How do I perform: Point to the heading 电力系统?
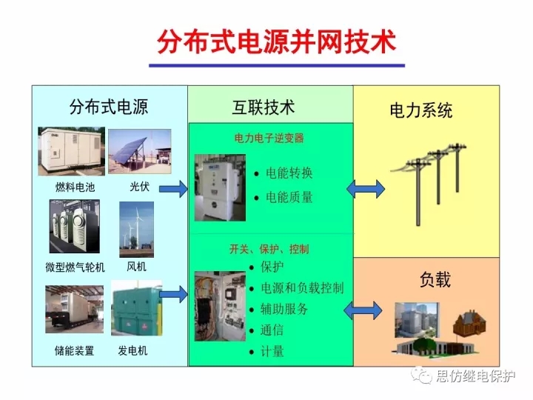click(x=420, y=111)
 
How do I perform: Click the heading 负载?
click(x=435, y=279)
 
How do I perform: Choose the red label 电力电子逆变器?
click(x=269, y=138)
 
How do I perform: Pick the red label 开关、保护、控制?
click(x=269, y=249)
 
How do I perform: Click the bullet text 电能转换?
click(x=289, y=173)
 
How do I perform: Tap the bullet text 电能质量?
click(x=289, y=197)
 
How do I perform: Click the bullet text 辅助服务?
click(x=284, y=309)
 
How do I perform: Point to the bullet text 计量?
click(x=272, y=351)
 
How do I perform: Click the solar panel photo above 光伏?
click(x=140, y=151)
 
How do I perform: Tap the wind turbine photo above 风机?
click(x=136, y=229)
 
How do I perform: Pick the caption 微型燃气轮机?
click(x=75, y=267)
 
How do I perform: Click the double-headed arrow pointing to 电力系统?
click(x=365, y=189)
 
